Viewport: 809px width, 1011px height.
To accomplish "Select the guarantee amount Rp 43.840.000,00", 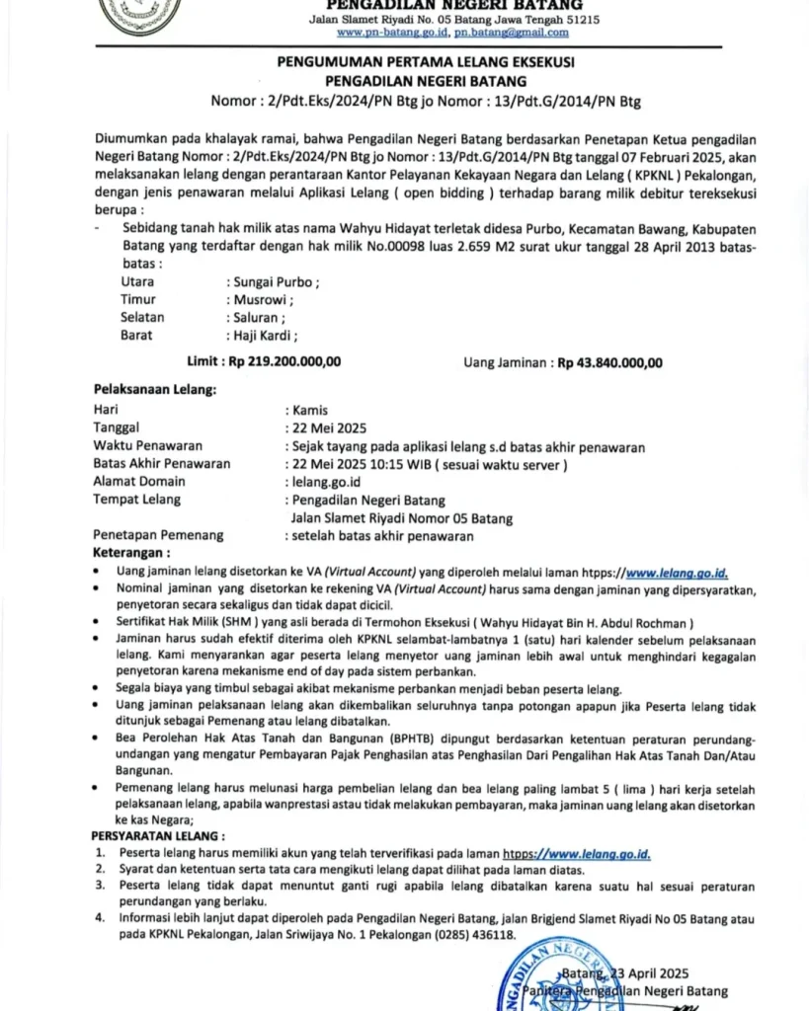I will click(609, 362).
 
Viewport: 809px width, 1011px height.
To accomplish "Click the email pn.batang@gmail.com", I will click(512, 33).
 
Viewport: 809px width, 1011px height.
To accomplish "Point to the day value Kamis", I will click(307, 410).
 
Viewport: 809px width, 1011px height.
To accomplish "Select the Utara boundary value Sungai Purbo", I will click(276, 281).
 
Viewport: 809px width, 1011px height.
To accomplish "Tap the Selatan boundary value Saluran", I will click(259, 317).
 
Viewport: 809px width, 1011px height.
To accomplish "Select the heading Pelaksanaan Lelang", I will click(155, 389).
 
